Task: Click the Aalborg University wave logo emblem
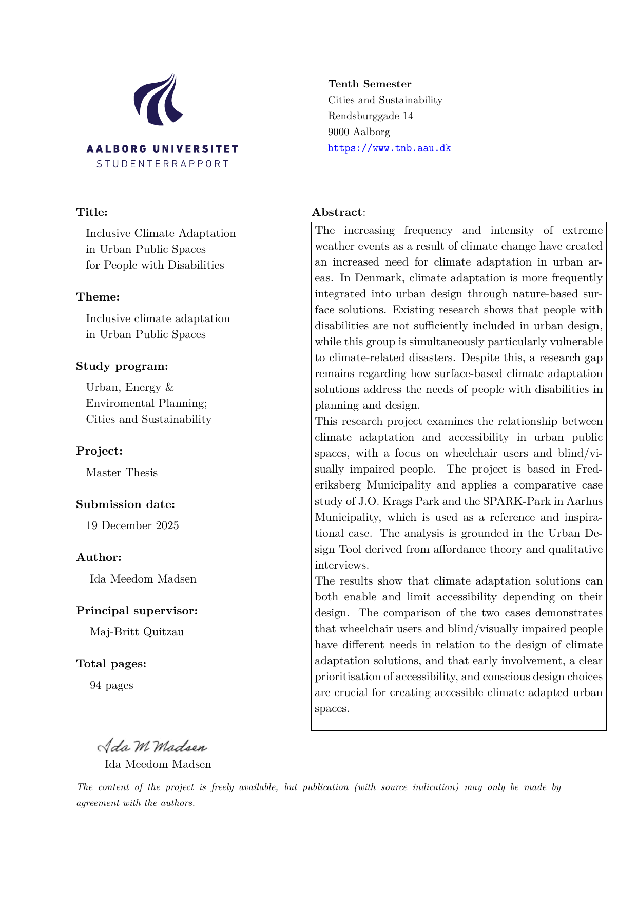coord(159,100)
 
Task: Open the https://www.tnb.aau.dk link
coord(389,148)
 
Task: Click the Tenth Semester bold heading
coord(370,84)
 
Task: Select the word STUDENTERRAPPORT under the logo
coord(162,164)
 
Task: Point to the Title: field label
coord(92,212)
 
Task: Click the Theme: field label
coord(98,297)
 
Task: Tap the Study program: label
coord(122,366)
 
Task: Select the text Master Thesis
coord(122,473)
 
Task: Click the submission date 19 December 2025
coord(132,525)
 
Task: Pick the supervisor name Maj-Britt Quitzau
coord(137,632)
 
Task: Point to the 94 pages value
coord(111,685)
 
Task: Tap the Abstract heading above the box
coord(337,212)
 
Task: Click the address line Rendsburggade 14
coord(371,116)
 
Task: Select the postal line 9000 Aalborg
coord(359,132)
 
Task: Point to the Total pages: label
coord(111,664)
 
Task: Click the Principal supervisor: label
coord(137,611)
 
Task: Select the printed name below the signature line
coord(158,764)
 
